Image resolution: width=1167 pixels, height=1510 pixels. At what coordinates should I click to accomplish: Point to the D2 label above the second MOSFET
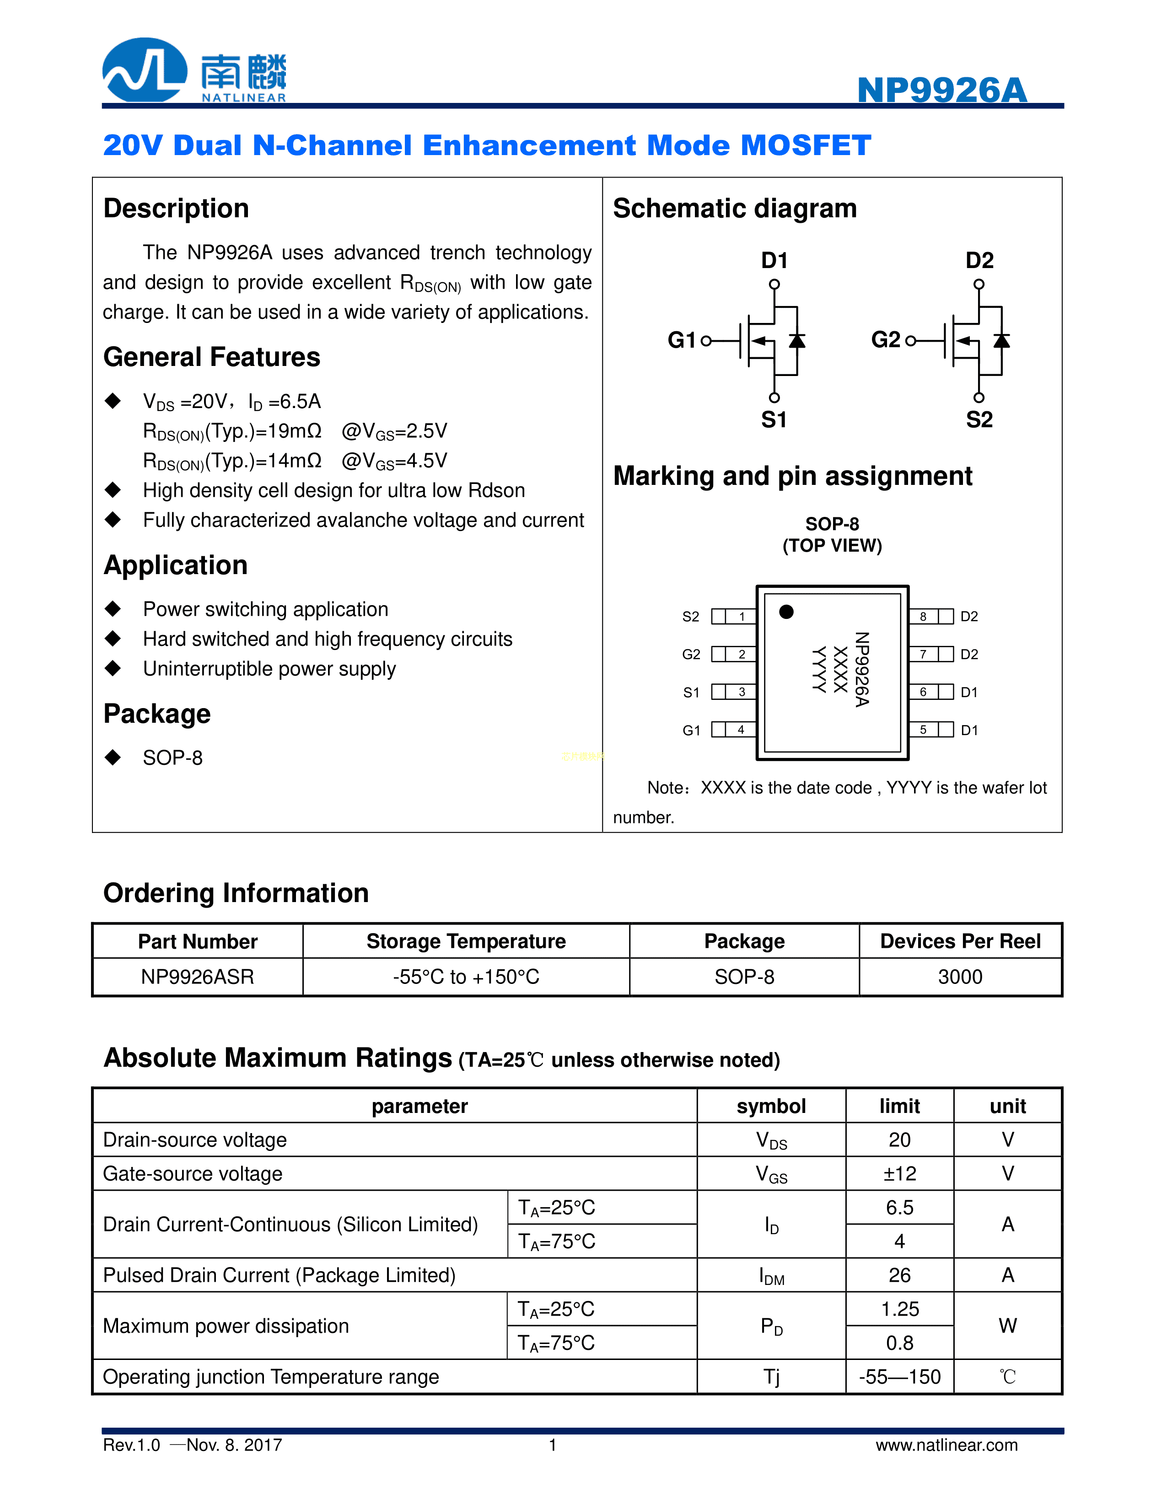(x=979, y=261)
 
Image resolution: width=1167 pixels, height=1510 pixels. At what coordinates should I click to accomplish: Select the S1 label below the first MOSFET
(x=774, y=419)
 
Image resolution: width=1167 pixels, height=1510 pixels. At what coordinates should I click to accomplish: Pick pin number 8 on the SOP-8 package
(x=923, y=617)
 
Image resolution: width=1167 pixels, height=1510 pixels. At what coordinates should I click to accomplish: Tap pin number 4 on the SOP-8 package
(x=741, y=730)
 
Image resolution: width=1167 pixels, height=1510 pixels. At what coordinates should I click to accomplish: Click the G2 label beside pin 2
(x=691, y=655)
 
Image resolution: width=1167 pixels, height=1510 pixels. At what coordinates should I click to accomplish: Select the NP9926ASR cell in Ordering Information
(x=198, y=977)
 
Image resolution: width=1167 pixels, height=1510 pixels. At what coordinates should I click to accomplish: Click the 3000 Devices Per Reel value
(x=960, y=977)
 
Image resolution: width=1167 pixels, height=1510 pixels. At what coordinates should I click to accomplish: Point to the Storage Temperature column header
(x=466, y=942)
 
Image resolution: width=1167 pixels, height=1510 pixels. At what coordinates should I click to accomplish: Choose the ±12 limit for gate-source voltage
(x=899, y=1174)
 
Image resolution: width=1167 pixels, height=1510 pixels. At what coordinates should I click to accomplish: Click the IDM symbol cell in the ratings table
(x=772, y=1276)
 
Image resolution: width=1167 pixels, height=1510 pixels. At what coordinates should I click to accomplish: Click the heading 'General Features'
(x=211, y=357)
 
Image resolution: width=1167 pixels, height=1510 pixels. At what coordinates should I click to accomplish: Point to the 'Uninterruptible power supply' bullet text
(x=269, y=669)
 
